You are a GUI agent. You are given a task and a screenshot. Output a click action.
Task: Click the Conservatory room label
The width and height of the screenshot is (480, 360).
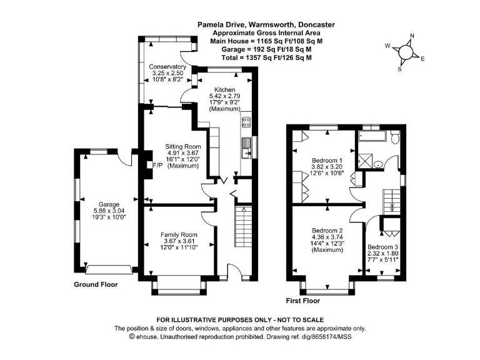pyautogui.click(x=167, y=66)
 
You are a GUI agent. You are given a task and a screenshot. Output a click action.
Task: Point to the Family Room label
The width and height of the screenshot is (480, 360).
pyautogui.click(x=178, y=234)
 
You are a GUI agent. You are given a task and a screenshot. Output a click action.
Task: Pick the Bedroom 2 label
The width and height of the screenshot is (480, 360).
pyautogui.click(x=327, y=230)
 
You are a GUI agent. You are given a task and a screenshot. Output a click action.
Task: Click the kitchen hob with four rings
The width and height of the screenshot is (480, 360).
pyautogui.click(x=246, y=121)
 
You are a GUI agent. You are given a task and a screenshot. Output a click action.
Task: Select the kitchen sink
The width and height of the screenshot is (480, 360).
pyautogui.click(x=245, y=149)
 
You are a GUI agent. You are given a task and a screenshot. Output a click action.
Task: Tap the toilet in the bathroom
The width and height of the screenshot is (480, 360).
pyautogui.click(x=393, y=139)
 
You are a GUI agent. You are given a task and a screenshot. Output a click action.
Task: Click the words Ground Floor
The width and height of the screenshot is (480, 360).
pyautogui.click(x=96, y=284)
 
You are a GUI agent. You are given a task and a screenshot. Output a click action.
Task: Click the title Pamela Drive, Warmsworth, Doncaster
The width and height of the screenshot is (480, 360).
pyautogui.click(x=266, y=25)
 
